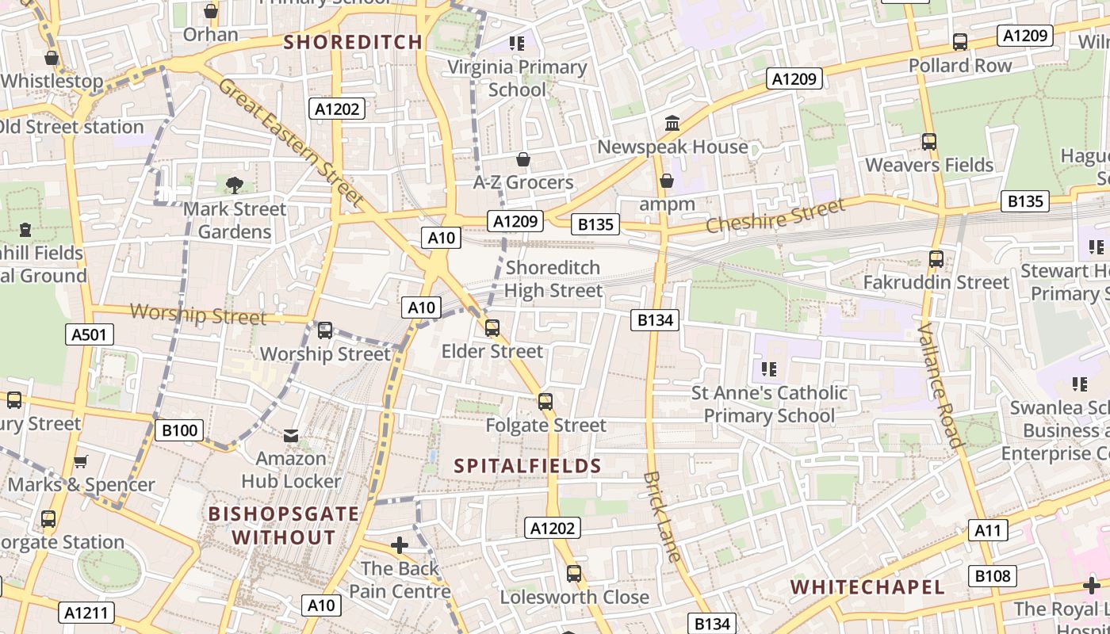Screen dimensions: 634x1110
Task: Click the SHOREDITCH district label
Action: (353, 43)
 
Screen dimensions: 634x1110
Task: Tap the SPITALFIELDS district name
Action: (528, 466)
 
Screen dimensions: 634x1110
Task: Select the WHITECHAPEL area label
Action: (868, 587)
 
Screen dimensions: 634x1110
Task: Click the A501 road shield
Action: (89, 335)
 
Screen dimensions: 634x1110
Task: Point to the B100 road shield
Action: (179, 431)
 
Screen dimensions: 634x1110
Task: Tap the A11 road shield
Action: (988, 530)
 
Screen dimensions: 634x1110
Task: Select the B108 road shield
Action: (992, 576)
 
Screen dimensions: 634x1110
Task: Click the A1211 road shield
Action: (87, 613)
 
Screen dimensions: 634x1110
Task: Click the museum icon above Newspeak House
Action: (672, 124)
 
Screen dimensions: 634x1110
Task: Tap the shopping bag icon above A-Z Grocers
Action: (522, 159)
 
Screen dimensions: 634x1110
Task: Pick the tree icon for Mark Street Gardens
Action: (234, 185)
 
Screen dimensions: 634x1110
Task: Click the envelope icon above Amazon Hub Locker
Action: (291, 435)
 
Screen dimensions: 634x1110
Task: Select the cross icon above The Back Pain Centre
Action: (400, 545)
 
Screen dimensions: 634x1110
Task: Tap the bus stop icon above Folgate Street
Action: (545, 402)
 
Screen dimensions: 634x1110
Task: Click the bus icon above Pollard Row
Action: (960, 42)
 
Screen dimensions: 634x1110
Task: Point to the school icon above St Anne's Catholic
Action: (768, 369)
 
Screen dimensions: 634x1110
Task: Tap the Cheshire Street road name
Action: (775, 216)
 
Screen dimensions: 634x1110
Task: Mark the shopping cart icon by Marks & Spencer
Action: (80, 461)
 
